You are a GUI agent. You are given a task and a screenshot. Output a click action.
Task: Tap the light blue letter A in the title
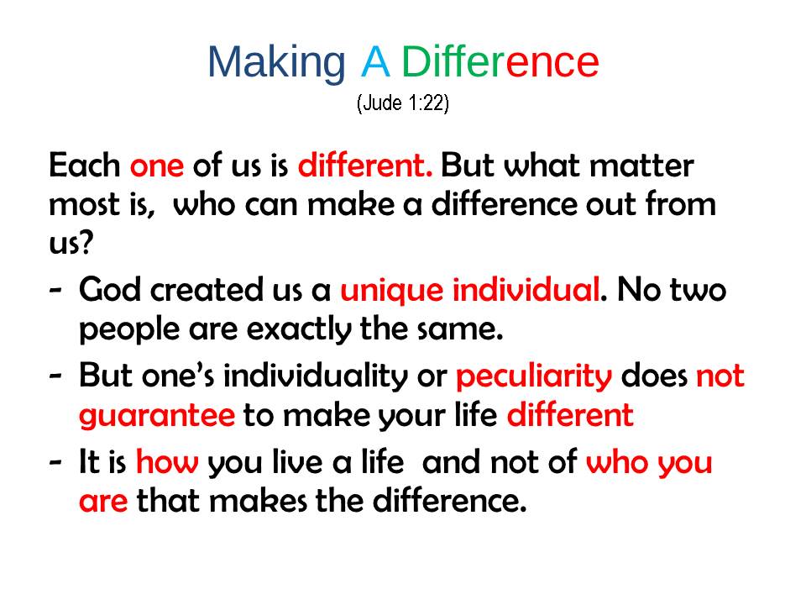[375, 61]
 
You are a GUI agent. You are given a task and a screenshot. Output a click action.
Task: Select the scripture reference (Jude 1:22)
[403, 103]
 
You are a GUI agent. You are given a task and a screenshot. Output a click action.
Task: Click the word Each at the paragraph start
[84, 166]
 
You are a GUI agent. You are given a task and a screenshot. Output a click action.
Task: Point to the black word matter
[641, 166]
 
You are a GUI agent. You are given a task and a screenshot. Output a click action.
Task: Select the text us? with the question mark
[71, 242]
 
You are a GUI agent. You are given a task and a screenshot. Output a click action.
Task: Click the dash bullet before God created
[55, 291]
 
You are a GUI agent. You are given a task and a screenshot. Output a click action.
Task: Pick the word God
[110, 289]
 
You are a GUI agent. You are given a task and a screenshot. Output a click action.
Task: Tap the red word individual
[526, 290]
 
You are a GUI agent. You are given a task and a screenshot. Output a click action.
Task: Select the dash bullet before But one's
[55, 376]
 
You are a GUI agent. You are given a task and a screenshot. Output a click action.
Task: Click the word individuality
[316, 376]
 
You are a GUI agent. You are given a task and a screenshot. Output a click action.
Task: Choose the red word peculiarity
[534, 376]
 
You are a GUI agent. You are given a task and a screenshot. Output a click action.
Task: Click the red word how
[167, 461]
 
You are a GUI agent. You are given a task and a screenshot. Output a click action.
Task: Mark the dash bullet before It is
[55, 462]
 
